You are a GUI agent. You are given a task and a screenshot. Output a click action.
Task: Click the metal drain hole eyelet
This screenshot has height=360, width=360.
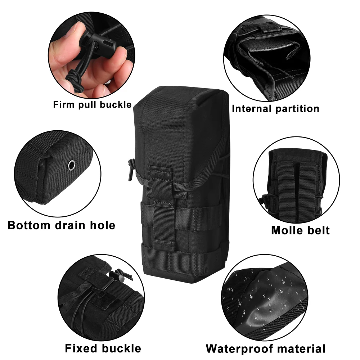click(x=72, y=165)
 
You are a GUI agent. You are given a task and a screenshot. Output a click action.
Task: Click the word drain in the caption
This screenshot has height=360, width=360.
click(x=70, y=225)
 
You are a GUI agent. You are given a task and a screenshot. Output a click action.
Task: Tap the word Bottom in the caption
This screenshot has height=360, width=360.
click(x=29, y=225)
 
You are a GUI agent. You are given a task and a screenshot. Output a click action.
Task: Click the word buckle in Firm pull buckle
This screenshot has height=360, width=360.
click(x=116, y=104)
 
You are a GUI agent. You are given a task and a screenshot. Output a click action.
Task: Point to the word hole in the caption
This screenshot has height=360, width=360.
click(x=102, y=225)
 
